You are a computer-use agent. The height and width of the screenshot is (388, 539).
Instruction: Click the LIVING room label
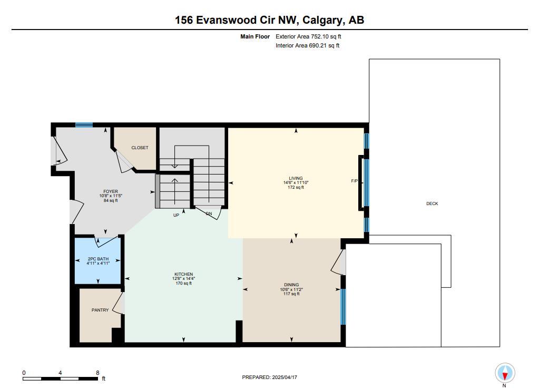[x=296, y=178]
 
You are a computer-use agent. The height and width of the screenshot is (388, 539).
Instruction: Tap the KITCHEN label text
[x=183, y=274]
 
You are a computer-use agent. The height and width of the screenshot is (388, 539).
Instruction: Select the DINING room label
[x=291, y=285]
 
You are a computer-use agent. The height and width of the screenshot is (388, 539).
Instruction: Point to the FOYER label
[x=111, y=191]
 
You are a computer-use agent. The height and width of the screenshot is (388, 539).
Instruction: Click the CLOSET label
[x=140, y=148]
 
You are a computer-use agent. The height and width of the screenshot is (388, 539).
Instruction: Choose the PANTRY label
[x=100, y=310]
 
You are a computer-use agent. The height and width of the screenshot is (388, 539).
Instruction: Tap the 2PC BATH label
[x=98, y=259]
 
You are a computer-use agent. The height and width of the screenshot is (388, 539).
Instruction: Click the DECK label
[x=432, y=203]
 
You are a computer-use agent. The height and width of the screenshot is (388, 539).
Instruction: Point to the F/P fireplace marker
[x=354, y=181]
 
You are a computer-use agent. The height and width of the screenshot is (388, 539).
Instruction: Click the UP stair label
[x=176, y=215]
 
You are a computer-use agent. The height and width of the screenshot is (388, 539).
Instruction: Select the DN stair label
[x=209, y=214]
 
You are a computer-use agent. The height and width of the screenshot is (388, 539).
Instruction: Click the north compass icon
[x=505, y=373]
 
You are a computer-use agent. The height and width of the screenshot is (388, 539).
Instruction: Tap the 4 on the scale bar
[x=60, y=373]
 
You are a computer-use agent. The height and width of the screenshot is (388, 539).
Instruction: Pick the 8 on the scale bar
[x=97, y=373]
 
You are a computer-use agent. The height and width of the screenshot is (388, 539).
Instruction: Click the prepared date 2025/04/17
[x=285, y=377]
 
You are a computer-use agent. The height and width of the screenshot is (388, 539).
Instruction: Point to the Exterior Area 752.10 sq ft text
[x=308, y=36]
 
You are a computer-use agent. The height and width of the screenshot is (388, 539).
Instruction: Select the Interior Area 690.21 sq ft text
[x=308, y=45]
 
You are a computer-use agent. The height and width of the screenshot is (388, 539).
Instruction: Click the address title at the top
[x=270, y=20]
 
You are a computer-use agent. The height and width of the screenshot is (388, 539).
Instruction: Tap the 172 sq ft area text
[x=296, y=187]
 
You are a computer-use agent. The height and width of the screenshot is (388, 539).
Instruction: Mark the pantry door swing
[x=117, y=303]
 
